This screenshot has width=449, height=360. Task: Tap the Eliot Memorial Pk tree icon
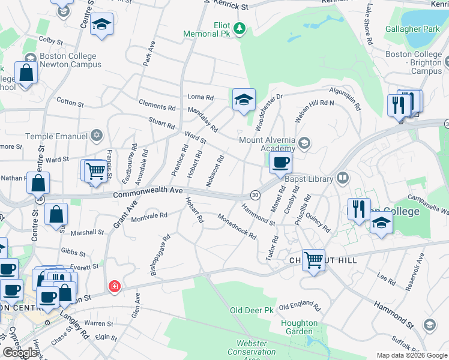pyautogui.click(x=240, y=28)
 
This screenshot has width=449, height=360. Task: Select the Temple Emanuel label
pyautogui.click(x=58, y=136)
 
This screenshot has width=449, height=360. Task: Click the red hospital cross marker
pyautogui.click(x=114, y=287)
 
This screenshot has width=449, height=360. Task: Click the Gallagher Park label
pyautogui.click(x=416, y=29)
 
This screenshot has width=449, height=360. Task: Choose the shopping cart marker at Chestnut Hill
pyautogui.click(x=313, y=260)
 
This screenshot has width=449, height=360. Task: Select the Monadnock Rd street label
pyautogui.click(x=237, y=227)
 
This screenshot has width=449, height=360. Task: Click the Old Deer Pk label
pyautogui.click(x=252, y=311)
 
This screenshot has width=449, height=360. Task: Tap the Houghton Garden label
pyautogui.click(x=299, y=327)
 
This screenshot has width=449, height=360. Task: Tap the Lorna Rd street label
pyautogui.click(x=200, y=97)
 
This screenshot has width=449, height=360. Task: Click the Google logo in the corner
pyautogui.click(x=20, y=353)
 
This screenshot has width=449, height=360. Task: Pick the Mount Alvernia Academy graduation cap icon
pyautogui.click(x=304, y=142)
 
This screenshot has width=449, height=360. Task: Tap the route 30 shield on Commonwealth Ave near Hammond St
pyautogui.click(x=255, y=195)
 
